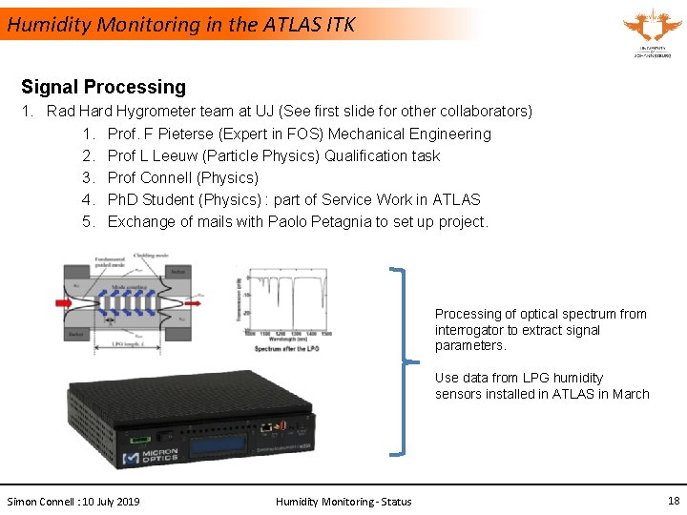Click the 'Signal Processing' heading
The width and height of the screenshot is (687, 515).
(x=103, y=87)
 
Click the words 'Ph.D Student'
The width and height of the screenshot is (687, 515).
(x=153, y=199)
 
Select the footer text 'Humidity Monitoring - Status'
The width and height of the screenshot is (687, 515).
(x=343, y=502)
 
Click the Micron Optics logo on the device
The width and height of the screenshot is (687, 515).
(x=146, y=456)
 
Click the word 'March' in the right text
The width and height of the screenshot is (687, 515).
(x=631, y=394)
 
